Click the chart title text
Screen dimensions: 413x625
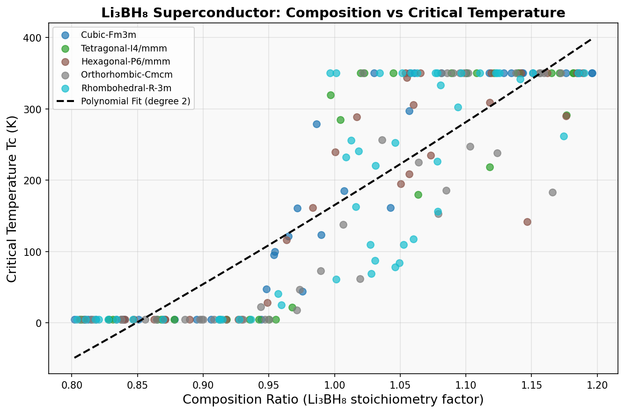pyautogui.click(x=333, y=13)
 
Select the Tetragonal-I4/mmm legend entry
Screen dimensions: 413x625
pyautogui.click(x=124, y=48)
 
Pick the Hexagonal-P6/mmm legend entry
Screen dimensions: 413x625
pyautogui.click(x=125, y=61)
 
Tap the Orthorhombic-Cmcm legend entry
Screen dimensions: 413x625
pyautogui.click(x=126, y=75)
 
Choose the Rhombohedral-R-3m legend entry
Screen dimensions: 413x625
pyautogui.click(x=126, y=88)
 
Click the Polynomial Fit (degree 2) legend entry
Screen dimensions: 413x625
pyautogui.click(x=135, y=101)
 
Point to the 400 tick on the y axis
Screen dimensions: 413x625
pyautogui.click(x=32, y=38)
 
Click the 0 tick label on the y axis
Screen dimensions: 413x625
pyautogui.click(x=39, y=323)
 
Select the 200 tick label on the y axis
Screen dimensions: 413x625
pyautogui.click(x=32, y=181)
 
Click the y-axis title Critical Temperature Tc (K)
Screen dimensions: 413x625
pyautogui.click(x=13, y=198)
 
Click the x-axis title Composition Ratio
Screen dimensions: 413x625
pyautogui.click(x=333, y=400)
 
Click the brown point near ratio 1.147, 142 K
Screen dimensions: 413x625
pyautogui.click(x=527, y=222)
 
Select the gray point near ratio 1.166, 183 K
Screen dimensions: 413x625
pyautogui.click(x=552, y=192)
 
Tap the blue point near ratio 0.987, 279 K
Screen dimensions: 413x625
pyautogui.click(x=316, y=124)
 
